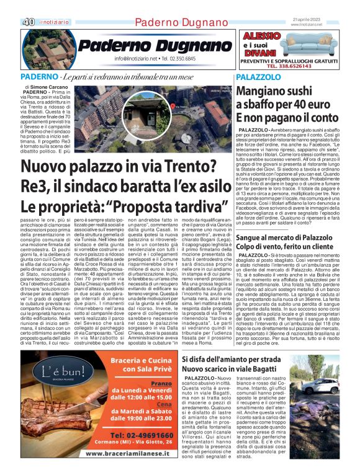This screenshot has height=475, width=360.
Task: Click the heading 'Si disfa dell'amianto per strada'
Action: (239, 342)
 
